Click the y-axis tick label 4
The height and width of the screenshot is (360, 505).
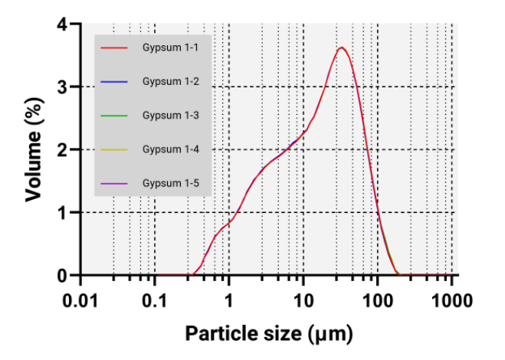64,25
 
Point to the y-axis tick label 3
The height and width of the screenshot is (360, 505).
64,87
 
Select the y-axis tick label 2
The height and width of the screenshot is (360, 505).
64,149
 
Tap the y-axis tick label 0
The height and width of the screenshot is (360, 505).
64,274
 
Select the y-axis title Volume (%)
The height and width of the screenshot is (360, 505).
34,149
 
